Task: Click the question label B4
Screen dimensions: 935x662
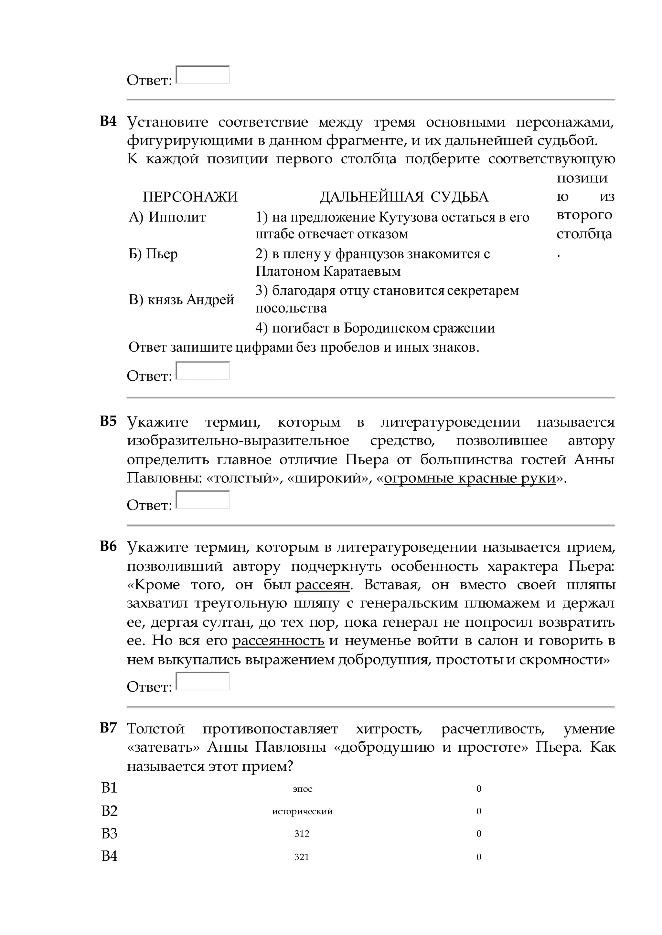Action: (108, 121)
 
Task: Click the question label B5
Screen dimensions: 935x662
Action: (108, 421)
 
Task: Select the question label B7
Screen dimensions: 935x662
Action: (108, 728)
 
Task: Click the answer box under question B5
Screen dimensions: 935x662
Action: (203, 500)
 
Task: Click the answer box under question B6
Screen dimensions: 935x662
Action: (203, 681)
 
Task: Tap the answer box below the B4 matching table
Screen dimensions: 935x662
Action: (203, 371)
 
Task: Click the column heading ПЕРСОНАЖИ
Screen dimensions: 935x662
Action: (190, 197)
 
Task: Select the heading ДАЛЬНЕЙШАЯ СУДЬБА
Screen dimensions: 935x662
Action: (403, 197)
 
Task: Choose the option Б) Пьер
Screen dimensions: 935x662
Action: (153, 254)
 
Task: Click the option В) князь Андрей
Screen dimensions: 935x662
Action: (181, 299)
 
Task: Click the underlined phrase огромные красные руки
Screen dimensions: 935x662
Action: (470, 478)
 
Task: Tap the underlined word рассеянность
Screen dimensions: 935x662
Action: (278, 641)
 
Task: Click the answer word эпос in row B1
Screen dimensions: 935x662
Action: (302, 789)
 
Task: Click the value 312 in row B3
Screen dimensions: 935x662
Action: (302, 834)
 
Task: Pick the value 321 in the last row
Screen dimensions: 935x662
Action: (302, 857)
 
